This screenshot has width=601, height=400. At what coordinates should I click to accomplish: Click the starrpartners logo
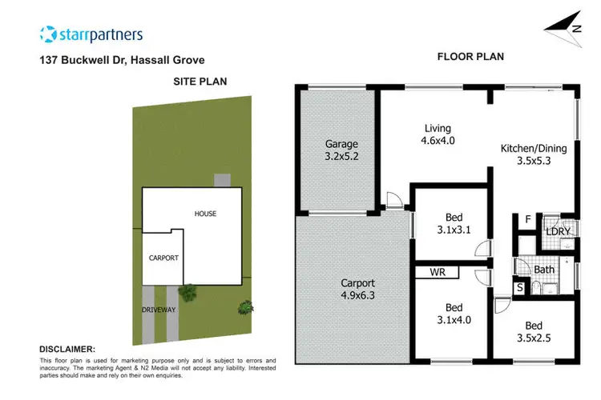coord(91,34)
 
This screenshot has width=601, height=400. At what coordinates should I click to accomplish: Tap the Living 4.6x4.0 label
coord(438,134)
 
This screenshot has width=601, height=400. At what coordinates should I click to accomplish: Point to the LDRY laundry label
coord(558,231)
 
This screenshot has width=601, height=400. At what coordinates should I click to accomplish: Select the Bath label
coord(545,270)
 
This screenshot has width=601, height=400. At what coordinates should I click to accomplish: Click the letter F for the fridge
coord(527,219)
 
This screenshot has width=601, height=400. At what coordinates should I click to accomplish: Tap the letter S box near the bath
coord(520,287)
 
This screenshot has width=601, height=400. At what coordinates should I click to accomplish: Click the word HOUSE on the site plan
coord(205,214)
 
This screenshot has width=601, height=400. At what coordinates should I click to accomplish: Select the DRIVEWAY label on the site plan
coord(159,310)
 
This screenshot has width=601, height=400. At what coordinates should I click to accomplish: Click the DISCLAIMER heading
coord(67,350)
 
